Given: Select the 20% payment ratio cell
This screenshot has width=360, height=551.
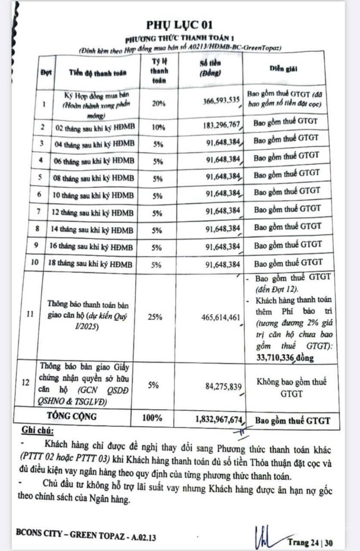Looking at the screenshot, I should pyautogui.click(x=157, y=103).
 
